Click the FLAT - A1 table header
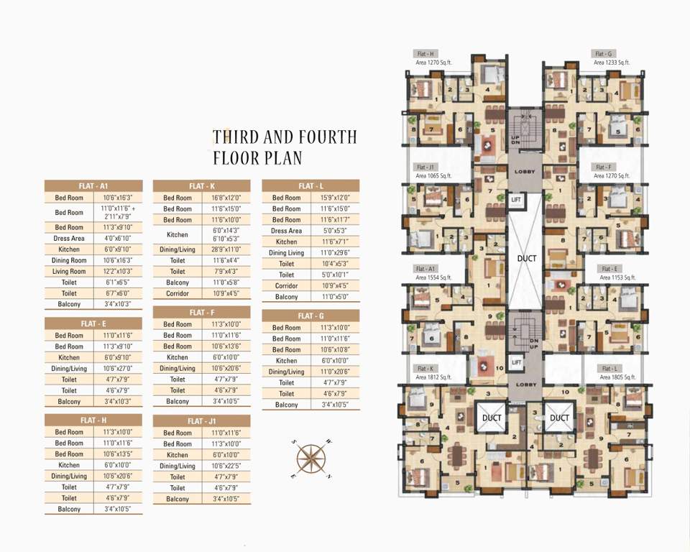click(x=93, y=185)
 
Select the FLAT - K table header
click(x=201, y=185)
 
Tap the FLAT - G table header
click(x=310, y=316)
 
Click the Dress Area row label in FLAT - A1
click(x=69, y=238)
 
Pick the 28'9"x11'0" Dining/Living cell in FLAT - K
click(x=226, y=249)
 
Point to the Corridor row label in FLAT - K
click(x=178, y=293)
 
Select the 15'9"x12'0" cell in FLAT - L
click(x=335, y=198)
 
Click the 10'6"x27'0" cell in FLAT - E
click(x=118, y=368)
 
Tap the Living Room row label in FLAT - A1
click(x=69, y=271)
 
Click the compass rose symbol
click(x=310, y=456)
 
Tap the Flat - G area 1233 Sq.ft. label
click(x=611, y=58)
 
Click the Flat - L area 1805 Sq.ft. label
click(x=611, y=372)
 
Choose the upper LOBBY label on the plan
click(x=523, y=171)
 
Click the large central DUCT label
click(x=526, y=257)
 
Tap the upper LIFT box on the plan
click(x=515, y=199)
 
